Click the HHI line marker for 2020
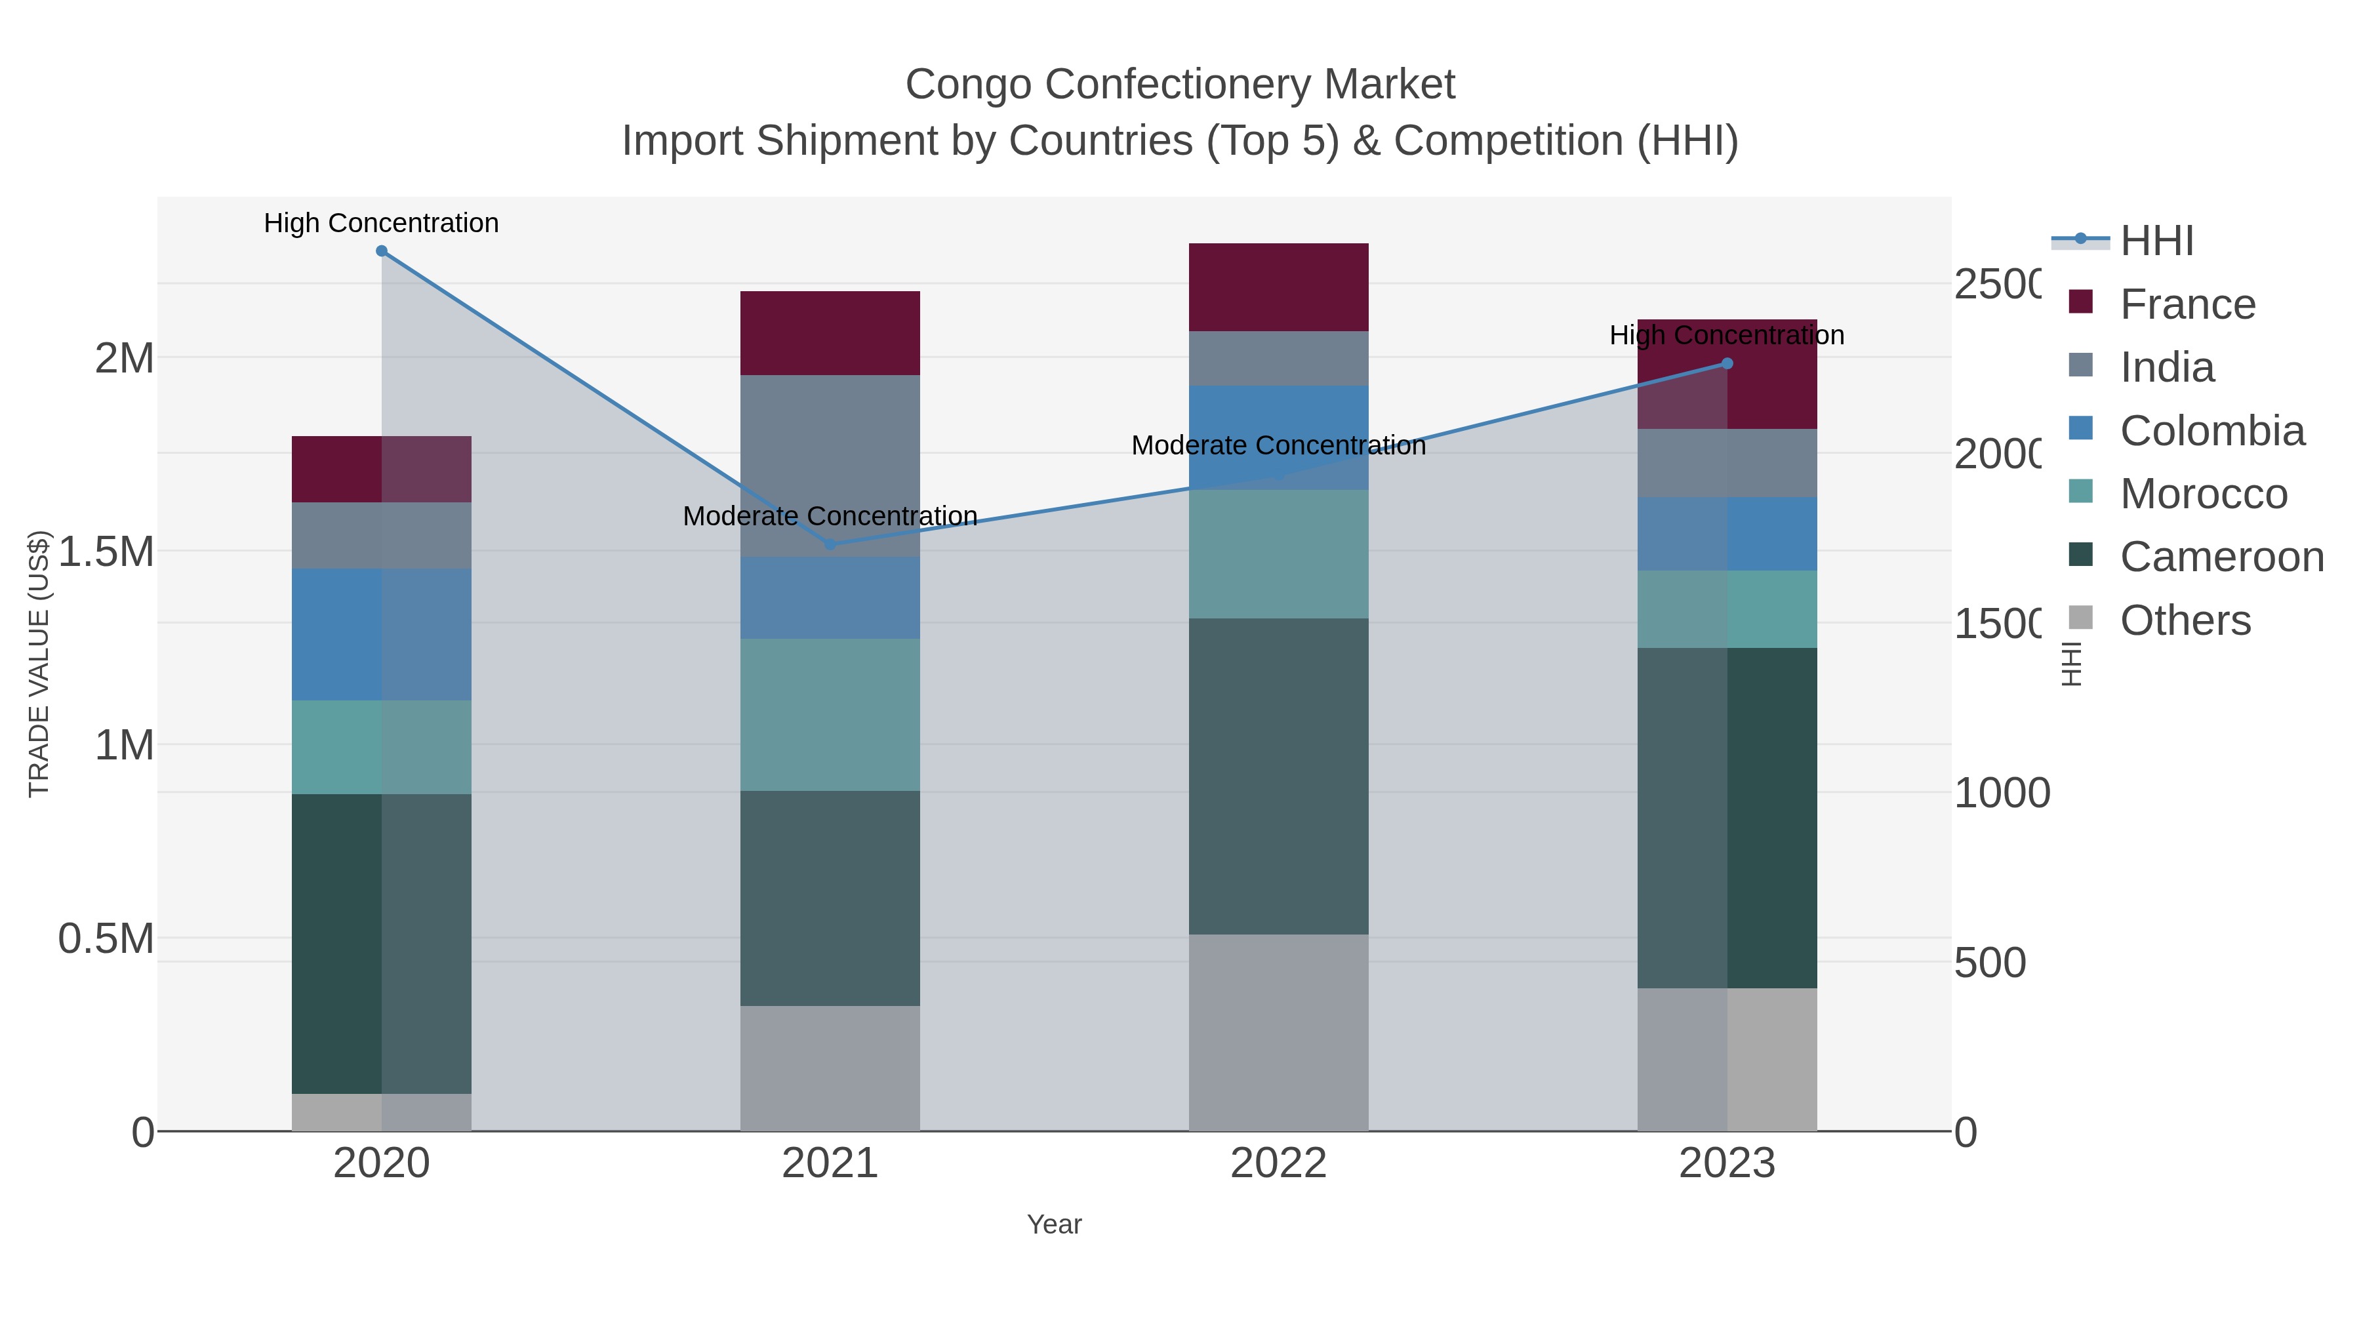tap(381, 251)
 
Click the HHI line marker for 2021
tap(830, 544)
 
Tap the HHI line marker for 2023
tap(1727, 364)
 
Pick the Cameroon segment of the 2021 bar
tap(830, 898)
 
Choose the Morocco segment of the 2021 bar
tap(830, 715)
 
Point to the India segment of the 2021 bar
tap(830, 466)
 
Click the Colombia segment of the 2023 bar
tap(1727, 534)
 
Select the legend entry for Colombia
tap(2211, 431)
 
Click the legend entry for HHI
tap(2156, 241)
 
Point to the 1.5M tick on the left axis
tap(106, 552)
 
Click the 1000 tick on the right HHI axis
tap(2001, 794)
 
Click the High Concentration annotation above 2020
tap(381, 223)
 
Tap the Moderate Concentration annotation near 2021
tap(830, 516)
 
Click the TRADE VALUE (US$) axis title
tap(39, 664)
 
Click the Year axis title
tap(1054, 1224)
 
